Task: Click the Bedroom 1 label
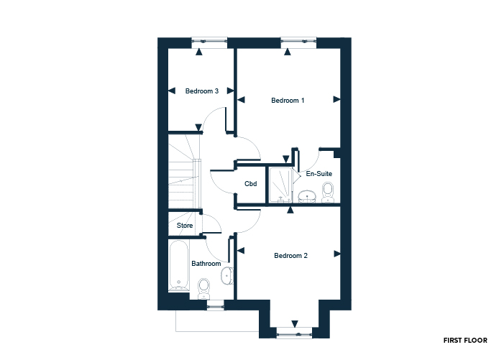[288, 101]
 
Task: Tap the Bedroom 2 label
[290, 256]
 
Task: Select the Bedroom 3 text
[202, 91]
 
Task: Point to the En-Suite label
[319, 174]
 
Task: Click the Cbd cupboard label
[251, 184]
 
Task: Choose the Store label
[185, 226]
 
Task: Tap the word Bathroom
[206, 264]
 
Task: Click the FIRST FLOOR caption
[465, 341]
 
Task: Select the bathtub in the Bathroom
[179, 266]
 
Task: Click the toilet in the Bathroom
[203, 288]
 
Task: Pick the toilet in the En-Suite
[328, 193]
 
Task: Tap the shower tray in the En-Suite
[280, 185]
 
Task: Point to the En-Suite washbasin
[307, 197]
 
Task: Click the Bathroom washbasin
[227, 276]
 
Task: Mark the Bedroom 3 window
[209, 41]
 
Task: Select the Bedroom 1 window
[298, 41]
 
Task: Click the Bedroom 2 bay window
[295, 334]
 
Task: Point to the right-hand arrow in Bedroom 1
[336, 99]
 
